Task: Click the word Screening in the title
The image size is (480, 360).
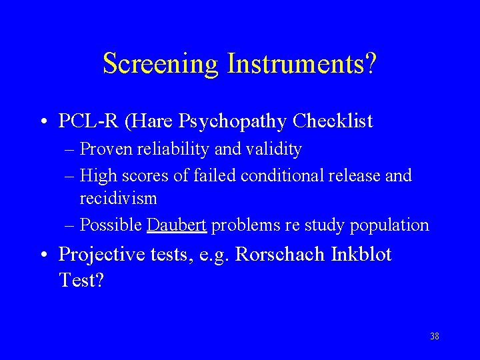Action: (161, 65)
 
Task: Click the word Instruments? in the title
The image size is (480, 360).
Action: (302, 65)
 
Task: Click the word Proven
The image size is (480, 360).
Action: (107, 149)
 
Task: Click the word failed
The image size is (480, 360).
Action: (215, 176)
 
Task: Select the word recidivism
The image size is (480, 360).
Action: (119, 199)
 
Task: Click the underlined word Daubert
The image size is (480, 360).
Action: (177, 225)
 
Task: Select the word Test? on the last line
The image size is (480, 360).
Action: (81, 280)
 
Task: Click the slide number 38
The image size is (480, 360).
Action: (435, 336)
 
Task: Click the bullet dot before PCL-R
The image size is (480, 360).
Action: (43, 123)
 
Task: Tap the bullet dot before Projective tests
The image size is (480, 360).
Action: (43, 256)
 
